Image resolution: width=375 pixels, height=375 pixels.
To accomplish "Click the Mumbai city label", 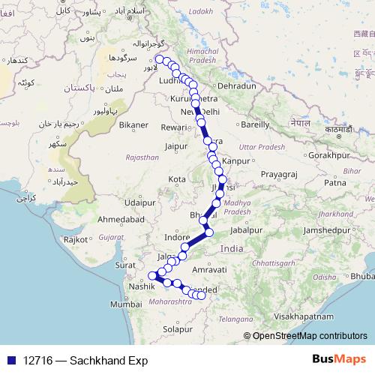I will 125,304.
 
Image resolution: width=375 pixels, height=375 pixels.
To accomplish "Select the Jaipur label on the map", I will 175,146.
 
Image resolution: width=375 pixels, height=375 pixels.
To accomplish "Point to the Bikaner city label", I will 133,124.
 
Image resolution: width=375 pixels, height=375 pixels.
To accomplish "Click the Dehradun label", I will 236,86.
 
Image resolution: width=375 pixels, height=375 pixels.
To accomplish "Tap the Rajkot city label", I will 76,239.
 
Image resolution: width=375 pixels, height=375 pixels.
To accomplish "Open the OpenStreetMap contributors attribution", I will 309,335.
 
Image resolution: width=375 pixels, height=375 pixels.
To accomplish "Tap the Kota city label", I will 177,179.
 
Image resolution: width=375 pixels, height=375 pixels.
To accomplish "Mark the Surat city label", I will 125,265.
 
